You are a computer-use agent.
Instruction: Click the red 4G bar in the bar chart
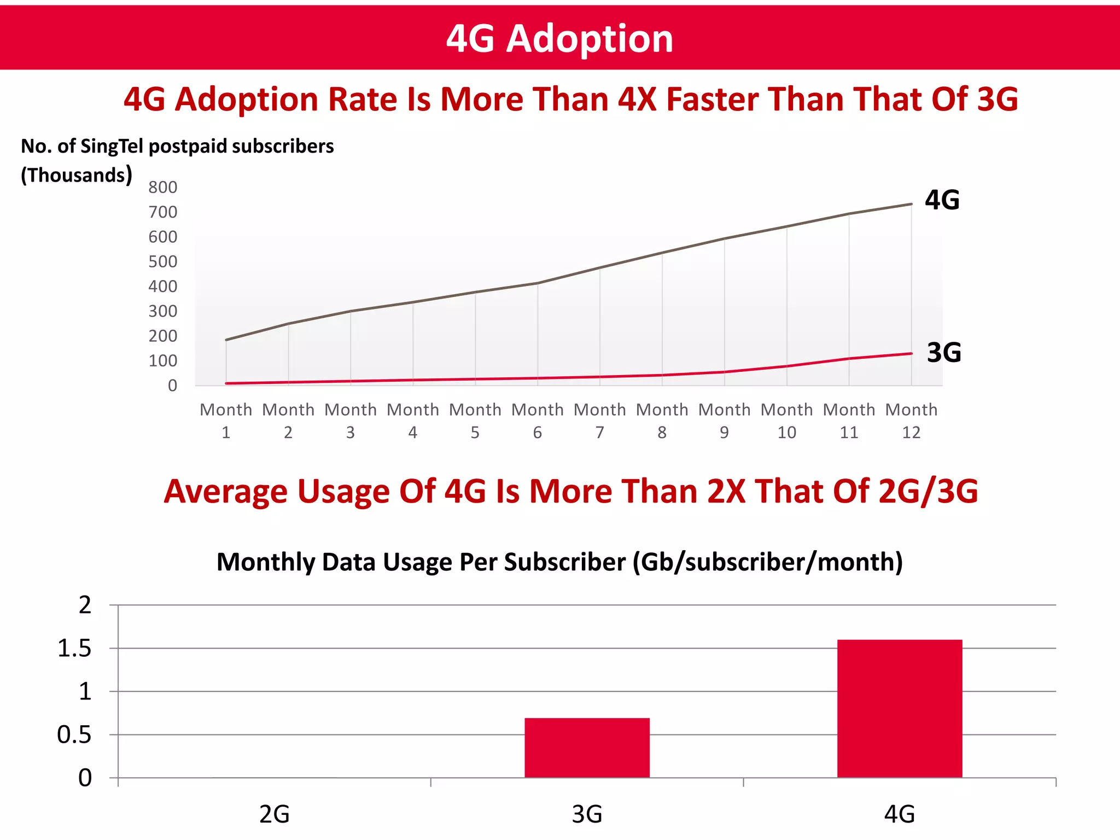click(900, 708)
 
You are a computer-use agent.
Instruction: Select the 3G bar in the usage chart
click(587, 748)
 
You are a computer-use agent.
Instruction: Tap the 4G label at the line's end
click(942, 200)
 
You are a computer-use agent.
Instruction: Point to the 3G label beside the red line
click(943, 353)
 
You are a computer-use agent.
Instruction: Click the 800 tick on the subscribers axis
click(162, 188)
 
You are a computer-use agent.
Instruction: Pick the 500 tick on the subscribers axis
click(162, 262)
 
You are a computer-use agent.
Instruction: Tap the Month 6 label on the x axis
click(537, 421)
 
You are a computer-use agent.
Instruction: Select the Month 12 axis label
click(911, 421)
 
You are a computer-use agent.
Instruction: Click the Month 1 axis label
click(226, 421)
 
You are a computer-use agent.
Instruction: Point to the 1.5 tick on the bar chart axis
click(74, 649)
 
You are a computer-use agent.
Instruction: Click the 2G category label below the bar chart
click(274, 814)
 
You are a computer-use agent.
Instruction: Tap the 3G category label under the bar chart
click(587, 814)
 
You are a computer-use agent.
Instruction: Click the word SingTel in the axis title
click(112, 147)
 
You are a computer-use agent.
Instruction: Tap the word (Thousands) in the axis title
click(76, 175)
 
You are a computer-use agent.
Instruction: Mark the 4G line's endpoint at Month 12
click(911, 204)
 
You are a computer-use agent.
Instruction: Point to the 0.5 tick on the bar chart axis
click(74, 735)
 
